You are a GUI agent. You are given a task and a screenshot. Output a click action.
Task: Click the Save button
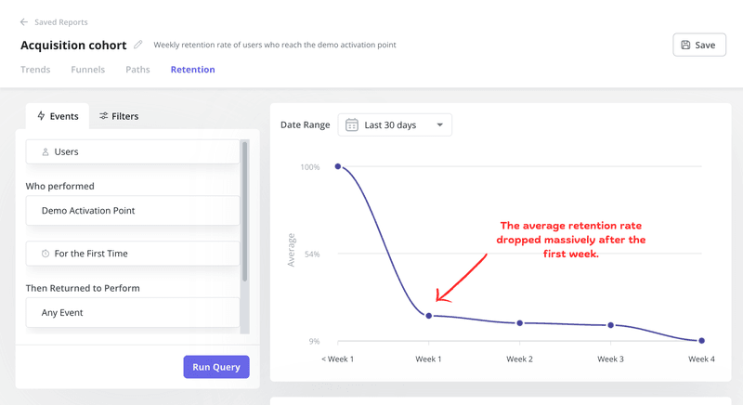[698, 45]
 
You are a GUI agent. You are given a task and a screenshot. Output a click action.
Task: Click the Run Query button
[215, 367]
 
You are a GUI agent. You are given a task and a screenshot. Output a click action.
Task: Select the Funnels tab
[87, 70]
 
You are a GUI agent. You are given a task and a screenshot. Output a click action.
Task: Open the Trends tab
[35, 70]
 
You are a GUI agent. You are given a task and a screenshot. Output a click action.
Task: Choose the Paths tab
[137, 70]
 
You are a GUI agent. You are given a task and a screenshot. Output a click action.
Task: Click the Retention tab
[192, 70]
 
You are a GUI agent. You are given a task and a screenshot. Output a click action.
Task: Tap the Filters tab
[119, 116]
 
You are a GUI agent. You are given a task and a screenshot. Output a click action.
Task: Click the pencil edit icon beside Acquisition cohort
[138, 45]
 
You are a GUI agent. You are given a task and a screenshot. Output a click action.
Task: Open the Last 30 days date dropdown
[395, 124]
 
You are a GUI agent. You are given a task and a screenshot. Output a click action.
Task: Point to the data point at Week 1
[429, 316]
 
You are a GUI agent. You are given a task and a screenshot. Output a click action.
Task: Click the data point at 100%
[338, 167]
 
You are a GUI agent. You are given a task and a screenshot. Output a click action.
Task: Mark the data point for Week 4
[701, 341]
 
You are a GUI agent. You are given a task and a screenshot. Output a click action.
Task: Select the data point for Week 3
[611, 325]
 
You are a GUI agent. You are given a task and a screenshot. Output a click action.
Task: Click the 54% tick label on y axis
[310, 254]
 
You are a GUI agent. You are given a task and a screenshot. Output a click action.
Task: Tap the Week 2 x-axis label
[519, 359]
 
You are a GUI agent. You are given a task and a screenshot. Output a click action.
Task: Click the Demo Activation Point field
[132, 211]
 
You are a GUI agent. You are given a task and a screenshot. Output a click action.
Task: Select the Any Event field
[132, 313]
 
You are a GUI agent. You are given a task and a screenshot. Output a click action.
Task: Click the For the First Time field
[132, 254]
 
